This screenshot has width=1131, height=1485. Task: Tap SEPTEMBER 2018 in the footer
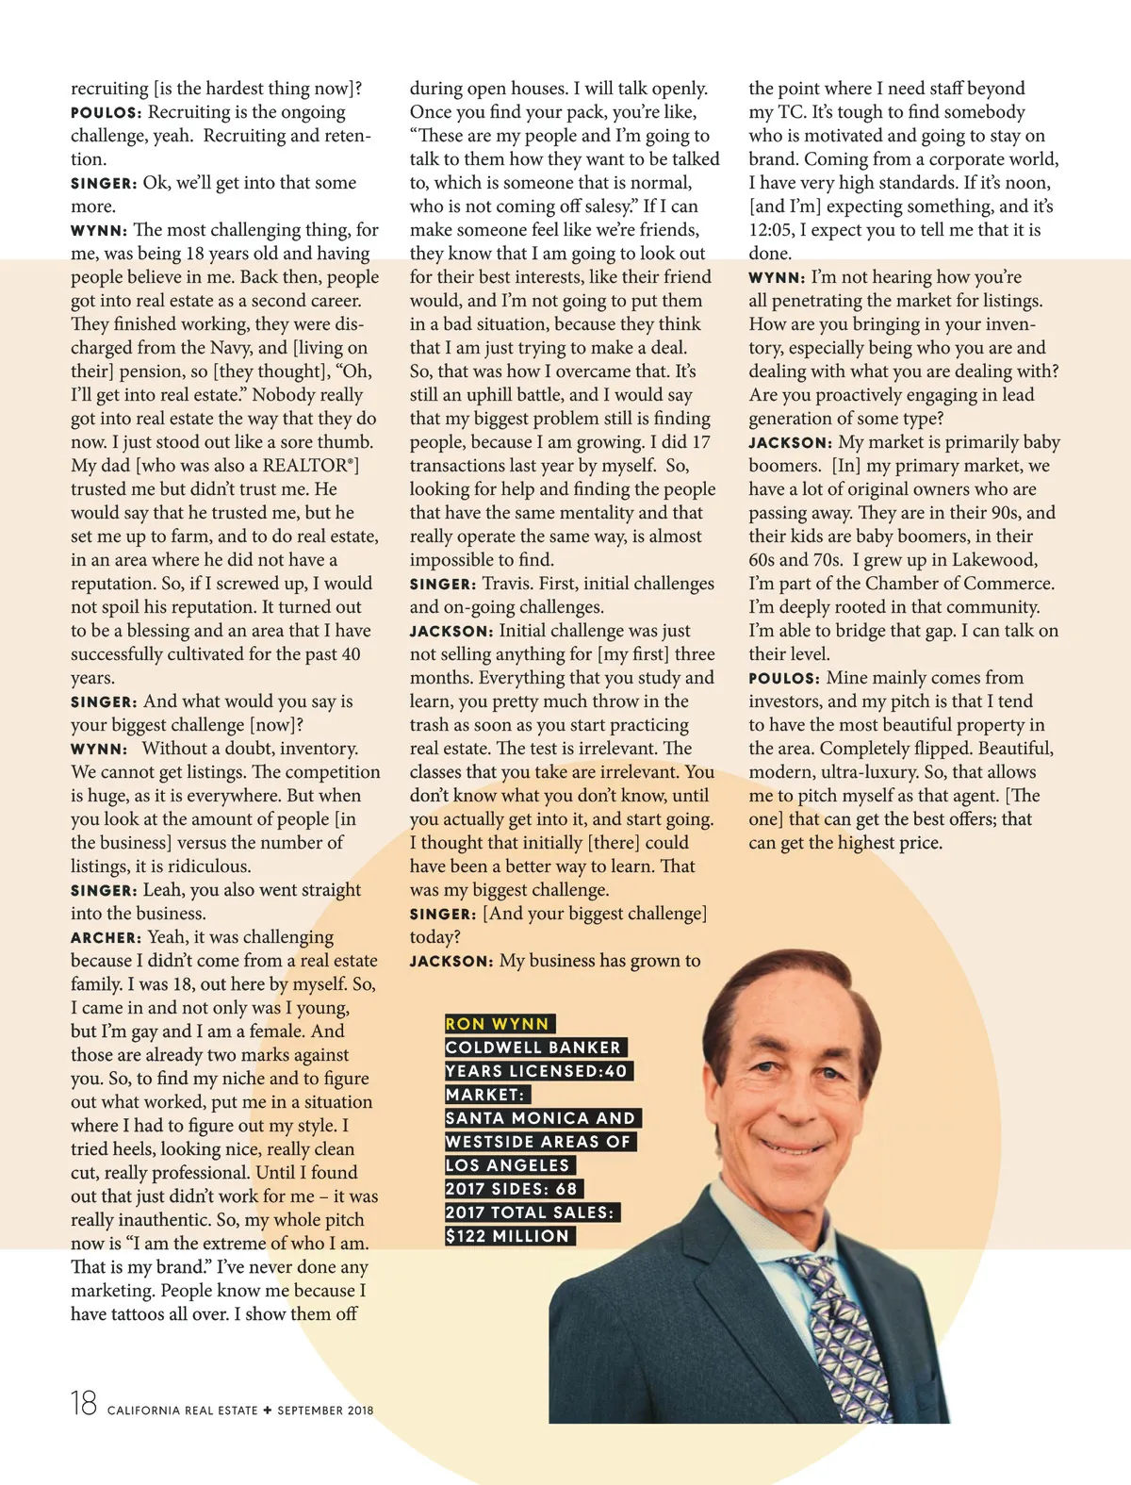(x=325, y=1411)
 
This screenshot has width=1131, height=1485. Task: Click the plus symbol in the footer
(x=268, y=1411)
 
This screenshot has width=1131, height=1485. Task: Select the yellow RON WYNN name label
(x=498, y=1024)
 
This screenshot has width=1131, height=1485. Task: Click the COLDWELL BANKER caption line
(x=533, y=1048)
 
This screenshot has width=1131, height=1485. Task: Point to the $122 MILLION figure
(x=508, y=1236)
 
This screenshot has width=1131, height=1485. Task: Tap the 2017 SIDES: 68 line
(x=512, y=1189)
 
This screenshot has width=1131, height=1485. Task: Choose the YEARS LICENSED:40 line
(x=536, y=1071)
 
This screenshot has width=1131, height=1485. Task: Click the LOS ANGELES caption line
(x=508, y=1165)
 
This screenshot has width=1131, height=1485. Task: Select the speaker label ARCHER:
(x=106, y=938)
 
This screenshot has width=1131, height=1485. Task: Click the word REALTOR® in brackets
(x=306, y=466)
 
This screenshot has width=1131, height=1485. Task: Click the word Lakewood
(x=994, y=560)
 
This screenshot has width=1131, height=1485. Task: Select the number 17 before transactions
(x=700, y=442)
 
